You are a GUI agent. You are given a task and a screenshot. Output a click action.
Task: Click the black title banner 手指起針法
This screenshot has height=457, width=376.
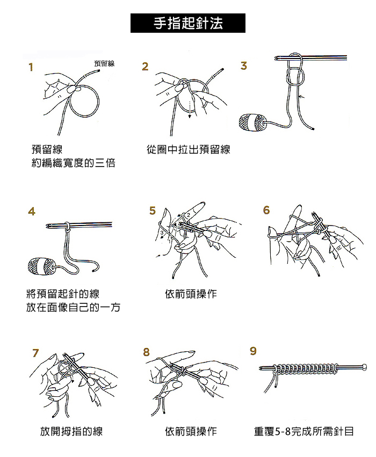coord(187,23)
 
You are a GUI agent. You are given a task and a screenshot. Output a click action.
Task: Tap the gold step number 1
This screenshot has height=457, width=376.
coord(31,67)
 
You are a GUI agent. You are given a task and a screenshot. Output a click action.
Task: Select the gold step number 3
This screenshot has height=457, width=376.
coord(244,66)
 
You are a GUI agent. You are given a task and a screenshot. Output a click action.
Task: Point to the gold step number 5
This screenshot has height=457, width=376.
coord(153,211)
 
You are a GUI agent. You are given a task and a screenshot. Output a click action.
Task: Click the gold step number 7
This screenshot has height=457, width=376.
coord(35,353)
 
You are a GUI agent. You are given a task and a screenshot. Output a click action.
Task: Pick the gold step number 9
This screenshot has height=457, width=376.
coord(253,351)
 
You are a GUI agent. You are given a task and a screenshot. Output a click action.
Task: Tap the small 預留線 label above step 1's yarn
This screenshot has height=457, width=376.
coord(104,63)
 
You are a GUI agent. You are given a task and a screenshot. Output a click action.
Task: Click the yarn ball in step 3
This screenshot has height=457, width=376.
coord(252,122)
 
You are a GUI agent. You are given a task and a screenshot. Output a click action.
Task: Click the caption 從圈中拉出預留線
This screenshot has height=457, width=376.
coord(189,149)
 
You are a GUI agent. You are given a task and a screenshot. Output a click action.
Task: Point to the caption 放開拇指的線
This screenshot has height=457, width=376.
coord(71,431)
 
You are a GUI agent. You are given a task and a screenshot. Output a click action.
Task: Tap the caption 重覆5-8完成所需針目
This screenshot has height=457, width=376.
coord(304,431)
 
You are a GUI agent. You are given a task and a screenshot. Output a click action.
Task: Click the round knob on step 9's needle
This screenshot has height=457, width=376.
coord(364,367)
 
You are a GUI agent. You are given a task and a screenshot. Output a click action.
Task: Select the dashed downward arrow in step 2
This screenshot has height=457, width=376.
coord(190,110)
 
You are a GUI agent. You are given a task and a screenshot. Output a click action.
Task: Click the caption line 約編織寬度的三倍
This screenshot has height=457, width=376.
coord(74,163)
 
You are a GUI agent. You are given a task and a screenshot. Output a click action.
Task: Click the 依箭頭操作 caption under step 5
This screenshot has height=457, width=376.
coord(191,294)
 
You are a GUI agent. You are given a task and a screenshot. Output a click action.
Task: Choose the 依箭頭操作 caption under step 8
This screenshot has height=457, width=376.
coord(191,431)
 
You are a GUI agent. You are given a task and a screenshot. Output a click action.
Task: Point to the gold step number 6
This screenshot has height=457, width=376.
coord(266,210)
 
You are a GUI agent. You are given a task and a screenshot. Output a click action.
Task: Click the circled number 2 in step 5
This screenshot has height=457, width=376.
coord(189,215)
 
